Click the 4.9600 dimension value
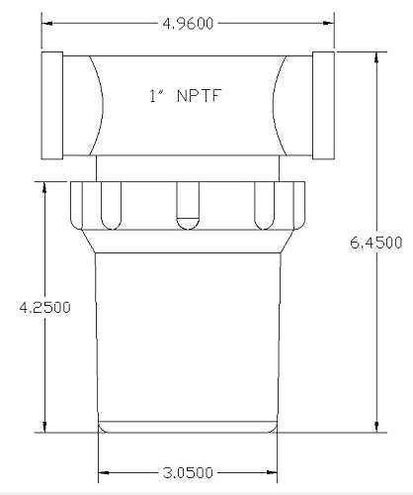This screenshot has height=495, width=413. coord(188,24)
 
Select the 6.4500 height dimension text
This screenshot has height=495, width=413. coord(376,243)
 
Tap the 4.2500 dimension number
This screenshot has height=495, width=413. coord(44,307)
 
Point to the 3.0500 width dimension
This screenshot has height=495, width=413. coord(188,473)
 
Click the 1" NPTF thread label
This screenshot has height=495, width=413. coord(185,96)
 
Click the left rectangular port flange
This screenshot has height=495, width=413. coord(52,105)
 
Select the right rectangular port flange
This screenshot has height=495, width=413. coord(323,105)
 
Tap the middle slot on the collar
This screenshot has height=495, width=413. coord(188,205)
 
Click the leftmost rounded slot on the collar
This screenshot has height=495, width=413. coord(111,205)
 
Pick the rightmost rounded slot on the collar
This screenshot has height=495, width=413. coord(265,205)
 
